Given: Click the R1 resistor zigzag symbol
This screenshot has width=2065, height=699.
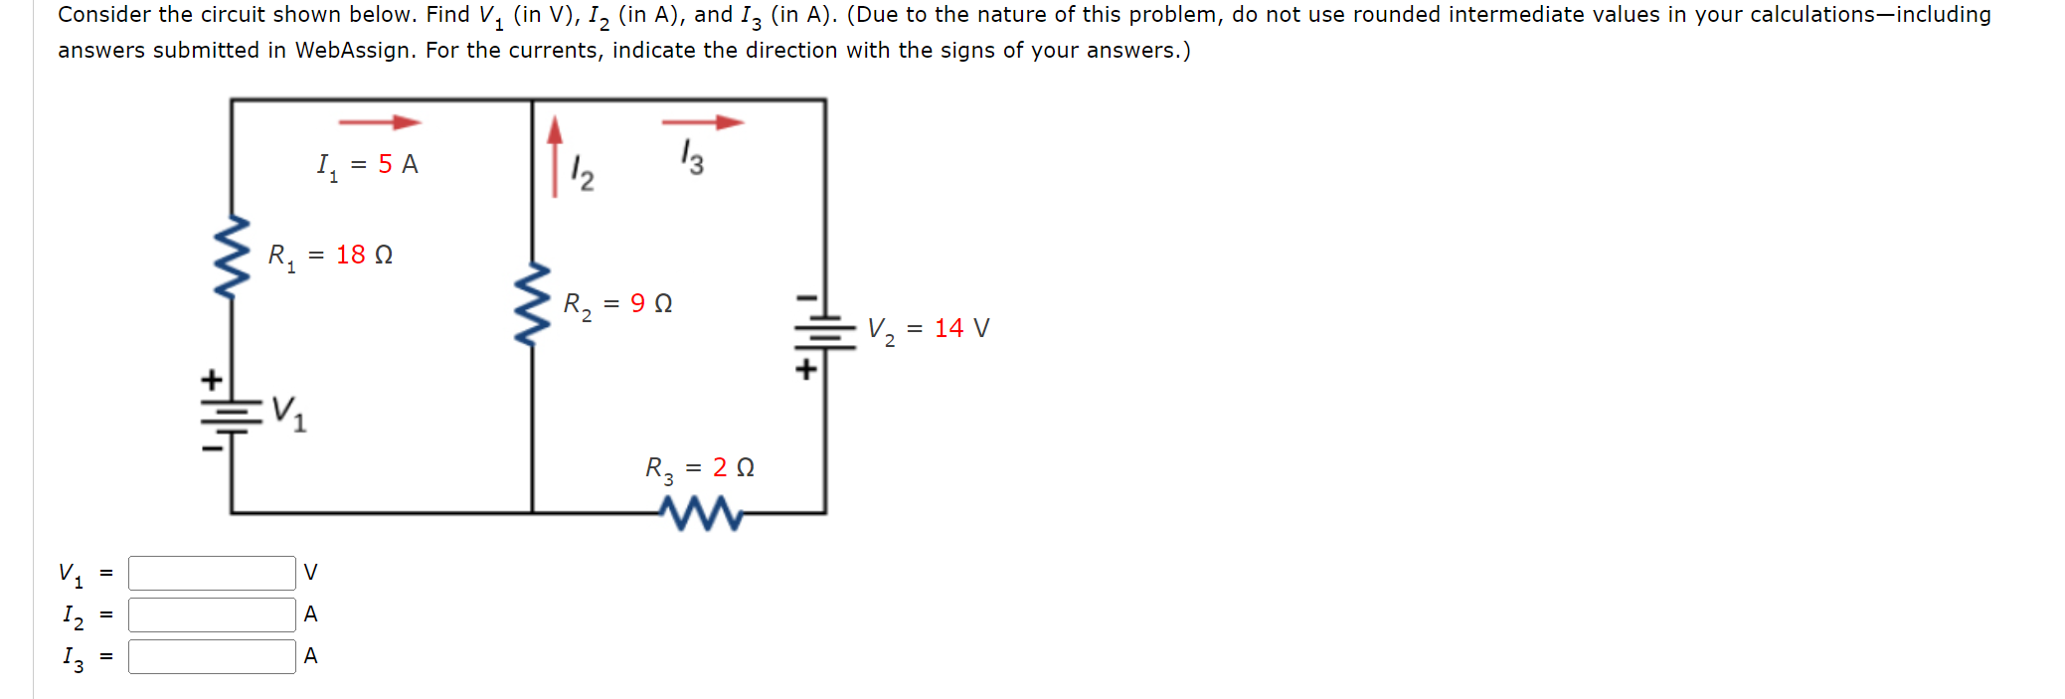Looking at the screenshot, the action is coord(232,257).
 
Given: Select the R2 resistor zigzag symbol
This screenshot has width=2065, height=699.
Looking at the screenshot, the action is coord(533,304).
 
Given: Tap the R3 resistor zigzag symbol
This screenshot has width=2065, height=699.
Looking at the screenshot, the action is coord(702,513).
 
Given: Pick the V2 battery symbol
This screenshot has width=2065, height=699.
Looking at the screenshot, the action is coord(824,332).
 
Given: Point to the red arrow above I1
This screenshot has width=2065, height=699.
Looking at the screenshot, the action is coord(380,122).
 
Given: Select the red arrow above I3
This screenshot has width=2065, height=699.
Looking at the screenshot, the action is coord(702,122).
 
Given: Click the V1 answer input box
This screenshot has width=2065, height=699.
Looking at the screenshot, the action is coord(212,573).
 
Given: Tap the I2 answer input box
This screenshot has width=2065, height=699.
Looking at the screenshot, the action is coord(212,614).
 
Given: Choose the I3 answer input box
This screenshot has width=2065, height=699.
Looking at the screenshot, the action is coord(212,656).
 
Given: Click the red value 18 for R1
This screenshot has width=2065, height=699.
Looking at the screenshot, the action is coord(350,256).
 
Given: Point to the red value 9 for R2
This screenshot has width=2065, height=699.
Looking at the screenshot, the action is coord(637,303).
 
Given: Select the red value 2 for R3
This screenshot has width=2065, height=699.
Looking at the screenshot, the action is coord(720,467).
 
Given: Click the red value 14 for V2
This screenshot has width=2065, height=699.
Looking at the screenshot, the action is coord(948,328).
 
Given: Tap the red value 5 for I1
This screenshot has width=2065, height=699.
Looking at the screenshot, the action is coord(385,164).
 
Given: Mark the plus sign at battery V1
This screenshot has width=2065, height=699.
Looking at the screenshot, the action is coord(211,380).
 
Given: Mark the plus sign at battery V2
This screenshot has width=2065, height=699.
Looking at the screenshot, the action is coord(806,370).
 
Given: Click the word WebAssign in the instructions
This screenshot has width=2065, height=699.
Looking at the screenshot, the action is coord(352,51).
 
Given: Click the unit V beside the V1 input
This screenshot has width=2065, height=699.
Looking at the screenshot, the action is coord(310,573).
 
